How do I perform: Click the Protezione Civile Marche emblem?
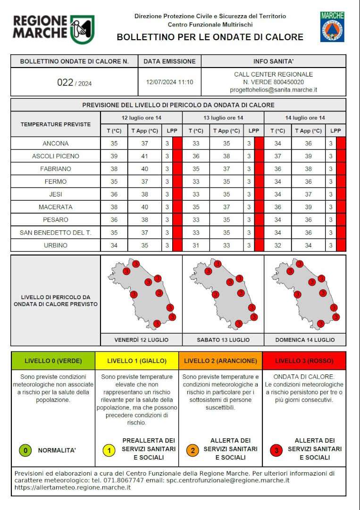tap(332, 27)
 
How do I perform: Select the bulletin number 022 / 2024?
tap(75, 83)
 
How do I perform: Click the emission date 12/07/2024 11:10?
tap(169, 82)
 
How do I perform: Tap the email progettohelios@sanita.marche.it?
tap(273, 90)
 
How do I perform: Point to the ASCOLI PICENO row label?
tap(55, 156)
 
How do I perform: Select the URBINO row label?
tap(55, 246)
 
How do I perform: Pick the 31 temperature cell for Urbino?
tap(196, 246)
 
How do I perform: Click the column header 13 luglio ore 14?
tap(223, 118)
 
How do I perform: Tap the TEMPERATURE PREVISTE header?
tap(55, 124)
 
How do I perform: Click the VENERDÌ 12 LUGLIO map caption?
tap(141, 340)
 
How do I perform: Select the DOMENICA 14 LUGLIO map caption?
tap(305, 340)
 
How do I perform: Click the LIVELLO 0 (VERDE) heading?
tap(53, 361)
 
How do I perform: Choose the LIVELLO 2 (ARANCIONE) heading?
tap(220, 361)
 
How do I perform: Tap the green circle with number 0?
tap(25, 450)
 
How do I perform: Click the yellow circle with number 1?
tap(109, 450)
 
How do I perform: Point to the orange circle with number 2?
tap(192, 450)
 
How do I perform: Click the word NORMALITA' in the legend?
tap(57, 450)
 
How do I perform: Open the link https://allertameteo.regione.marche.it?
tap(73, 487)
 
